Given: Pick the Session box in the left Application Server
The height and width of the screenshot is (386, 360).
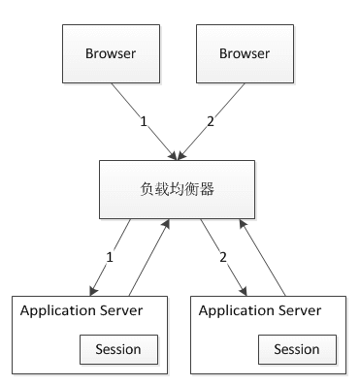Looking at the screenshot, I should coord(117,348).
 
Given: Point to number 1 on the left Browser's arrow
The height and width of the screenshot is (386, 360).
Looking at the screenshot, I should coord(144,124).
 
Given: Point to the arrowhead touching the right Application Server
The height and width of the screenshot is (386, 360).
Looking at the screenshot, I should coord(244,288).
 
